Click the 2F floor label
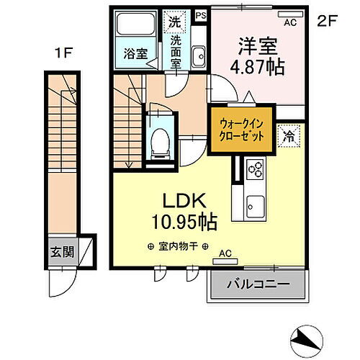(327, 21)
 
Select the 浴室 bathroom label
(130, 53)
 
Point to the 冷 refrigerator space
(289, 133)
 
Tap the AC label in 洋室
(290, 23)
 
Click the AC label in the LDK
(224, 253)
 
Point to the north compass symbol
(309, 338)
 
